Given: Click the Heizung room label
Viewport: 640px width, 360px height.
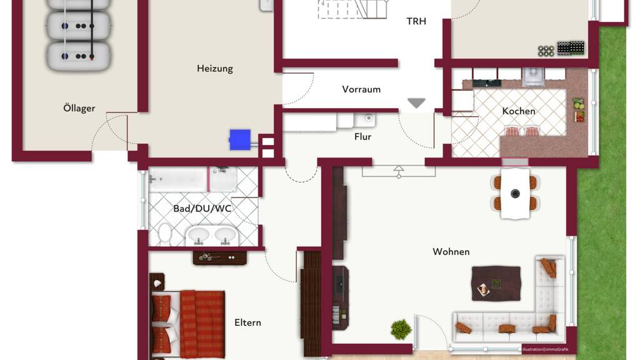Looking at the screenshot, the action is coord(215,69).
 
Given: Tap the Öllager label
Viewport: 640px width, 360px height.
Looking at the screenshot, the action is coord(79,107).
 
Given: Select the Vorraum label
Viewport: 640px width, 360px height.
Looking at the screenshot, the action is coord(361,89).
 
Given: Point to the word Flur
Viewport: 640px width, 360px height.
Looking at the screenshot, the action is coord(362,137).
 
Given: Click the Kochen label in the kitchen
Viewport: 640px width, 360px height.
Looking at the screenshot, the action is coord(518,111).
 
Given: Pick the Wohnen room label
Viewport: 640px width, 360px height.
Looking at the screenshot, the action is coord(451,252).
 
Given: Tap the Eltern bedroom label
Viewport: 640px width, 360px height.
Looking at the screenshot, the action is coord(247,322).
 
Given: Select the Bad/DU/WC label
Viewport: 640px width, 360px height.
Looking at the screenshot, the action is coord(202,209).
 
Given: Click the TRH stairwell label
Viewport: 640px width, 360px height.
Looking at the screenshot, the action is coord(416,21).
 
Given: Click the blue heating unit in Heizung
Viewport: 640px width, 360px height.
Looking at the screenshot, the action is coord(240,140).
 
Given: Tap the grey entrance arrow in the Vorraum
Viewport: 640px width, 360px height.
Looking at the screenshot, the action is coord(416,103).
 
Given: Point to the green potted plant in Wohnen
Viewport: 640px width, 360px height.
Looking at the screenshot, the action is coord(401,329).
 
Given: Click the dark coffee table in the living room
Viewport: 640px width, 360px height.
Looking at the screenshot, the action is coord(496,284).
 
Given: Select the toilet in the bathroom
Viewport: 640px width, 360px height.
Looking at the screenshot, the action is coord(164,234).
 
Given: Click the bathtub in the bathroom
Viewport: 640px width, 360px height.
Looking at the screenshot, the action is coord(178,179).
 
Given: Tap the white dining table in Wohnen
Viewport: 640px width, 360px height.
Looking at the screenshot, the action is coord(515,194).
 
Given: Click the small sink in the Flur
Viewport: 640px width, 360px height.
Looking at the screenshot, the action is coord(365,119).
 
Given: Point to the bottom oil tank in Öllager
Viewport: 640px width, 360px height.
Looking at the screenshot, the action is coord(78,56).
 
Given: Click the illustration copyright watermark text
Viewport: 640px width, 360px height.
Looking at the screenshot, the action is coord(545,349).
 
